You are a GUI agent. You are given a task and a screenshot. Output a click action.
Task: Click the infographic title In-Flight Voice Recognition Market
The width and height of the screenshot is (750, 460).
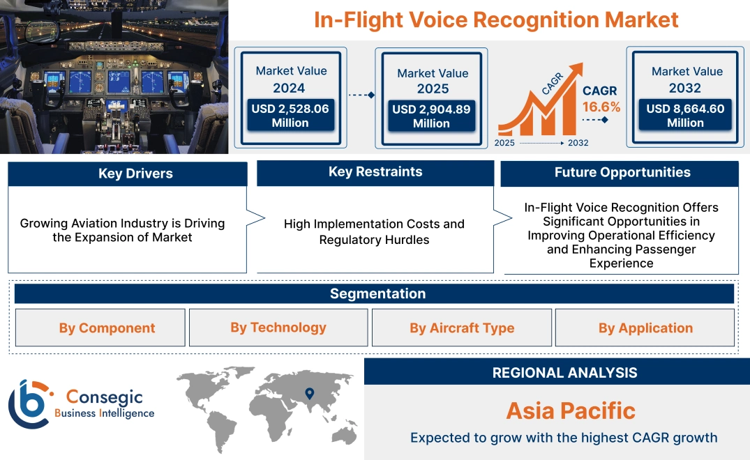tap(495, 20)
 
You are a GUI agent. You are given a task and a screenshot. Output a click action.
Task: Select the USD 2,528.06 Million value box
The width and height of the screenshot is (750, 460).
tap(290, 116)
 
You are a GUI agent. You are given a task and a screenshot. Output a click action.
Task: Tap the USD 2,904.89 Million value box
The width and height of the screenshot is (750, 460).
tap(431, 116)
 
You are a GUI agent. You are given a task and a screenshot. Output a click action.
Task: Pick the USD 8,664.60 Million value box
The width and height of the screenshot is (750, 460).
tap(685, 116)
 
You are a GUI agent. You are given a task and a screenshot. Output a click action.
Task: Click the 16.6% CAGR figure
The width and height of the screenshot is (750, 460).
tap(601, 107)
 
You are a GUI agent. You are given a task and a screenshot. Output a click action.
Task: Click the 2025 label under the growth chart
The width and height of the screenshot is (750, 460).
tap(505, 143)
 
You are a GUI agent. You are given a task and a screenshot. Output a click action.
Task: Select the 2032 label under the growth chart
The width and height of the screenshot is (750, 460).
tap(578, 143)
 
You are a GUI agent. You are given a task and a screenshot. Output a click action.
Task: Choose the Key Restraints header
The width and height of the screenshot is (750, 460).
tap(375, 172)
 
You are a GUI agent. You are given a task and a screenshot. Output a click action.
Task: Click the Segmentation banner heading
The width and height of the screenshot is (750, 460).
tap(377, 293)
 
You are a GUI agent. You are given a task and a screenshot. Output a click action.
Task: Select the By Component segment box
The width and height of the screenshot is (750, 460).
tap(107, 328)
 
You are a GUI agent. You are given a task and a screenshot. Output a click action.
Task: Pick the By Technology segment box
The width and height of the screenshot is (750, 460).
tap(278, 328)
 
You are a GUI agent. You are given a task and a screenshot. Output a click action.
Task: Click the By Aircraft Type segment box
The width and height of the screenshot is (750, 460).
tap(462, 328)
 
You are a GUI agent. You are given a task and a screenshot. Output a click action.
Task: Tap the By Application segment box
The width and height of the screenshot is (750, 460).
tap(645, 328)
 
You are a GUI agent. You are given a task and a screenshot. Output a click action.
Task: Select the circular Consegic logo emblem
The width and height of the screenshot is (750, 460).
tap(29, 404)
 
